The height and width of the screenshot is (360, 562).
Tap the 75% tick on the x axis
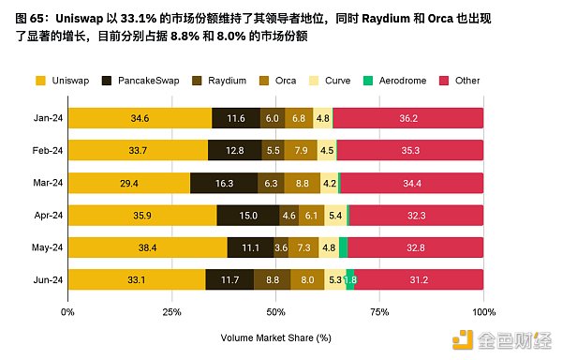coord(379,310)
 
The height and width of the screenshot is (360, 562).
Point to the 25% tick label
coord(172,310)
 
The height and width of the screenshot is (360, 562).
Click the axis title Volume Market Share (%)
coord(276,337)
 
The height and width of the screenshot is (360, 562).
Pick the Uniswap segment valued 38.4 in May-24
coord(147,247)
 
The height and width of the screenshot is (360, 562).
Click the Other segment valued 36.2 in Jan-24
coord(407,118)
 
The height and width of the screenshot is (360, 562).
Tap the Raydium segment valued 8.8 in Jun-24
coord(272,279)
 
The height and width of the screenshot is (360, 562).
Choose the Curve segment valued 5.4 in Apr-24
coord(335,215)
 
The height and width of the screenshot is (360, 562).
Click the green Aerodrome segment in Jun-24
coord(350,279)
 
